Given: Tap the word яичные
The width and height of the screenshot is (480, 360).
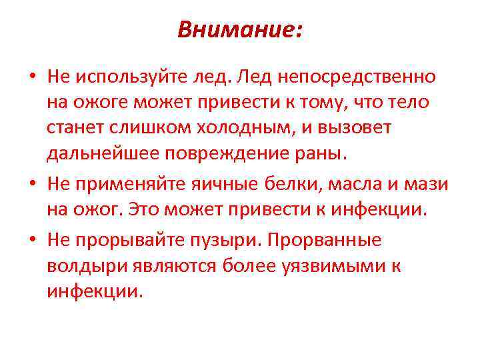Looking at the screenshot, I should click(x=214, y=184).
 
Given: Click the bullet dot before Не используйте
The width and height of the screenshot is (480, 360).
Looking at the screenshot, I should click(x=32, y=77).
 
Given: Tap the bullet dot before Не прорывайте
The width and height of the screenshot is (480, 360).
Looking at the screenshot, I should click(x=32, y=241).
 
